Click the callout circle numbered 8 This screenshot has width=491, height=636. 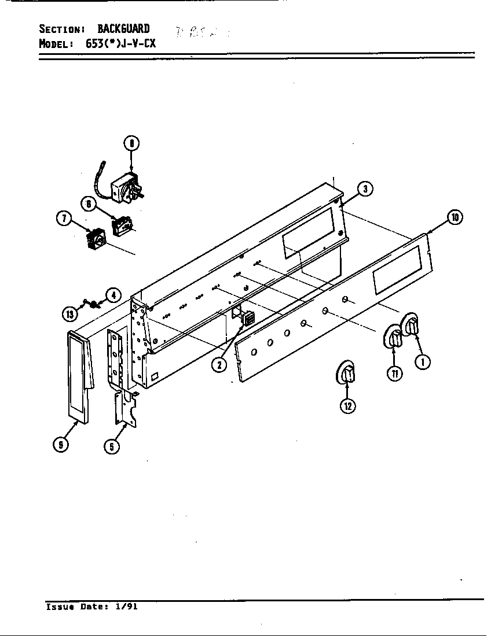(132, 143)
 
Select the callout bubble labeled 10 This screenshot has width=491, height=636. (455, 217)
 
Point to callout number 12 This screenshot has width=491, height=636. (347, 406)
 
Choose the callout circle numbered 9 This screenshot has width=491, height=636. (59, 445)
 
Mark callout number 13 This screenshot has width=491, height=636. (70, 314)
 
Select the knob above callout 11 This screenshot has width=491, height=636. (394, 337)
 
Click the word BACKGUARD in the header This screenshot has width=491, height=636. (123, 29)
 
